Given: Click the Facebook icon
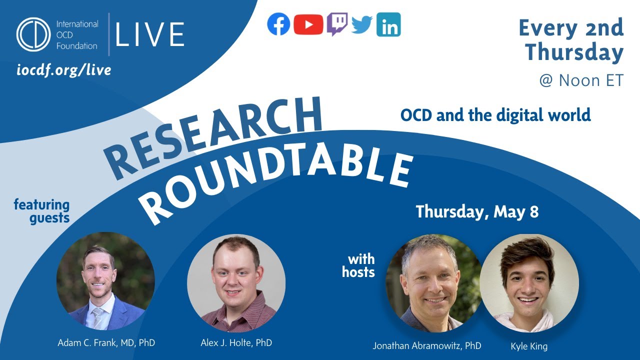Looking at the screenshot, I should click(278, 24).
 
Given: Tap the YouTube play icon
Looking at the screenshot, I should click(308, 24).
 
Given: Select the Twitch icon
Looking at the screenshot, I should click(337, 24).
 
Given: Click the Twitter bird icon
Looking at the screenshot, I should click(362, 24).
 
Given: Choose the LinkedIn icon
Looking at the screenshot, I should click(388, 24).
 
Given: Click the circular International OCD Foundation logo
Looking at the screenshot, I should click(33, 34).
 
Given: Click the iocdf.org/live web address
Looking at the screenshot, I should click(63, 70).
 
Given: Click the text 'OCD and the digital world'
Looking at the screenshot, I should click(495, 115).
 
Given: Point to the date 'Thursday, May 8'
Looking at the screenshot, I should click(477, 211).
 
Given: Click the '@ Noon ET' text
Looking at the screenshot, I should click(581, 80).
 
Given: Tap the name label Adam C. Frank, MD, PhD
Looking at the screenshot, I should click(106, 343).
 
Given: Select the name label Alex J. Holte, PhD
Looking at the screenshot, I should click(236, 343).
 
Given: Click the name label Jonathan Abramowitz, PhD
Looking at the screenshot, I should click(427, 345).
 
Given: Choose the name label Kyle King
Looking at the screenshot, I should click(529, 345).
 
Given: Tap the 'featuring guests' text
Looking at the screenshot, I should click(42, 211).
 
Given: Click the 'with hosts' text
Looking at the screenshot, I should click(358, 266).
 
